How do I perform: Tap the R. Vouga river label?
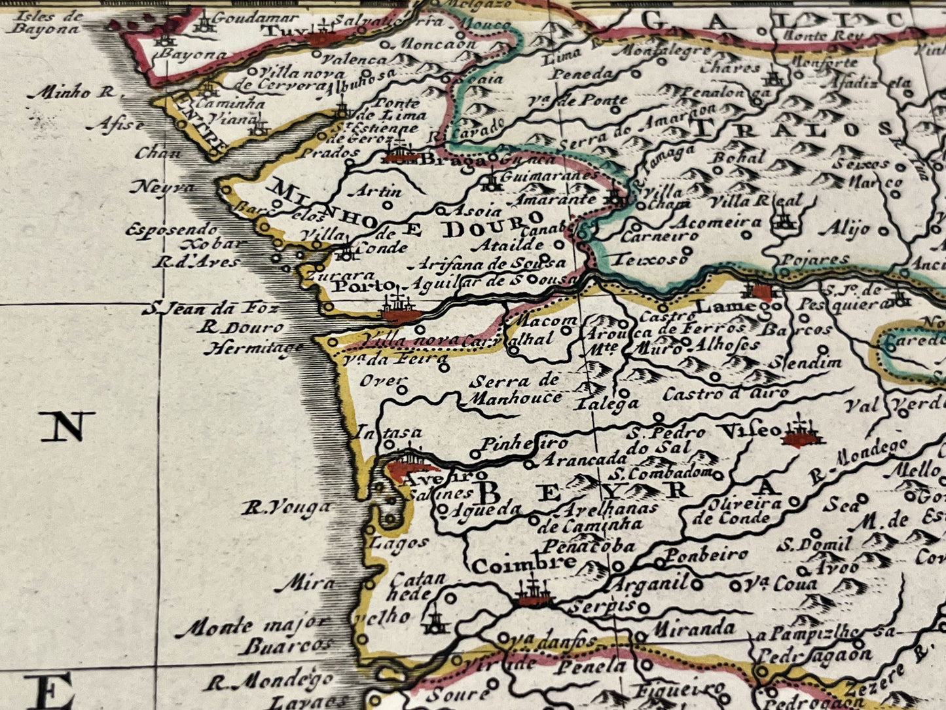pyautogui.click(x=287, y=507)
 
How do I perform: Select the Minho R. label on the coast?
pyautogui.click(x=71, y=93)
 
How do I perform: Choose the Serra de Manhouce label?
pyautogui.click(x=516, y=389)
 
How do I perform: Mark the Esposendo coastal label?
pyautogui.click(x=172, y=230)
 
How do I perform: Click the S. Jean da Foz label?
pyautogui.click(x=211, y=308)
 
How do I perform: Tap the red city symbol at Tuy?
pyautogui.click(x=322, y=38)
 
